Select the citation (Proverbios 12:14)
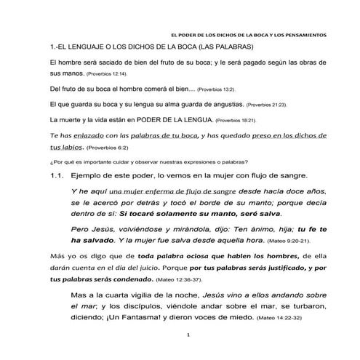pos(106,75)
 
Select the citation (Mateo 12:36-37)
pos(160,279)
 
